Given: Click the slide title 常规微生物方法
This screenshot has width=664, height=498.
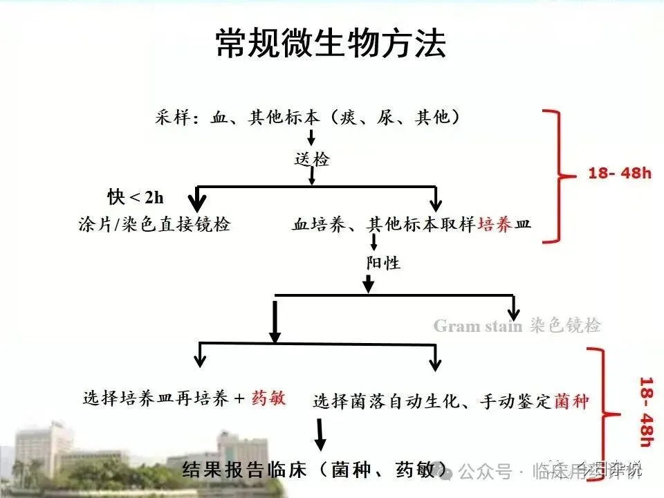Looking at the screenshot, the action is pyautogui.click(x=331, y=43).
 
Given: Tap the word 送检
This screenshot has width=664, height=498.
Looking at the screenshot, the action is pyautogui.click(x=312, y=160).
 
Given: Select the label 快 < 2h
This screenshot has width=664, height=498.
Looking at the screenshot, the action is pyautogui.click(x=136, y=197).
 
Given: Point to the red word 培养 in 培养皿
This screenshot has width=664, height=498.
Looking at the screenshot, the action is pyautogui.click(x=496, y=225).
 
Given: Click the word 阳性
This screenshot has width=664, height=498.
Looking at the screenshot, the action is pyautogui.click(x=383, y=264).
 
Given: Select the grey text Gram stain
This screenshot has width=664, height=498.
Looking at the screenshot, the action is pyautogui.click(x=478, y=326).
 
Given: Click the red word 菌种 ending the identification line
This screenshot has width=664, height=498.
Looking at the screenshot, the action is pyautogui.click(x=571, y=400).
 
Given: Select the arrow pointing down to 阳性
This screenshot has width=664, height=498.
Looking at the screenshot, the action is pyautogui.click(x=374, y=242).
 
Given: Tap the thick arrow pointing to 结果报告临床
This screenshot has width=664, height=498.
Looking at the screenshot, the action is pyautogui.click(x=320, y=435).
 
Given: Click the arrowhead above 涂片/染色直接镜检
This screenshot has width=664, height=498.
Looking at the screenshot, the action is pyautogui.click(x=199, y=203).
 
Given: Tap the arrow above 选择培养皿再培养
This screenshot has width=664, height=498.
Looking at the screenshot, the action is pyautogui.click(x=200, y=356).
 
